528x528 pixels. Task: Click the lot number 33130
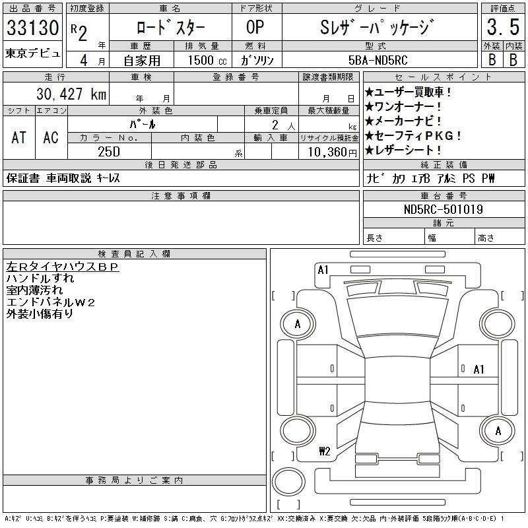(32, 28)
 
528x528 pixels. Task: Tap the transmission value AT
(18, 137)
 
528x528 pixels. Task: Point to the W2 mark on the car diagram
(324, 451)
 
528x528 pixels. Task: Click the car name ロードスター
(170, 28)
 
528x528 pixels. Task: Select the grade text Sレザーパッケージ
(378, 28)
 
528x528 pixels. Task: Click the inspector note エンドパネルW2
(51, 302)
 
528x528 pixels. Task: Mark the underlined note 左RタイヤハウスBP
(62, 267)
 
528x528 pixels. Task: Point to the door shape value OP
(255, 28)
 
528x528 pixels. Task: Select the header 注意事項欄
(181, 196)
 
